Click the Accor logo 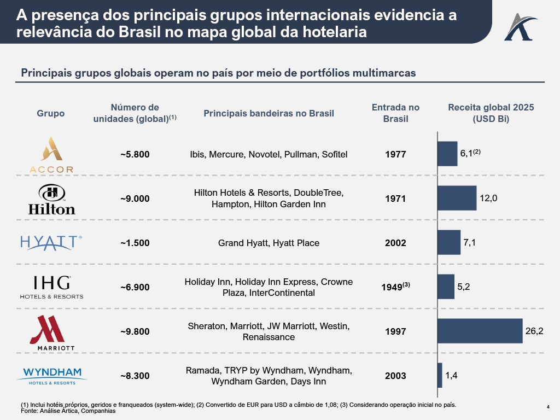pos(51,155)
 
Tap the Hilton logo pos(52,200)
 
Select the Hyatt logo pos(51,243)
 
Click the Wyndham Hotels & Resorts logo pos(52,376)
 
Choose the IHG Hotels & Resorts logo pos(52,287)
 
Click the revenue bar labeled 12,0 pos(457,198)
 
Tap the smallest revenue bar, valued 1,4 pos(440,375)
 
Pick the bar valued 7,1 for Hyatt pos(450,242)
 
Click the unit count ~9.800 pos(135,331)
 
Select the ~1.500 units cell pos(135,243)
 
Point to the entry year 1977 pos(395,154)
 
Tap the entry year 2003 pos(395,376)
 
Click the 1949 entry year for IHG pos(392,287)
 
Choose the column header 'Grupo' pos(51,113)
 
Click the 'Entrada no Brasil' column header pos(395,113)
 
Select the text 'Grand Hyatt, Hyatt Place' pos(269,243)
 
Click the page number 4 pos(548,407)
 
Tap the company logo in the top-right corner pos(521,27)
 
